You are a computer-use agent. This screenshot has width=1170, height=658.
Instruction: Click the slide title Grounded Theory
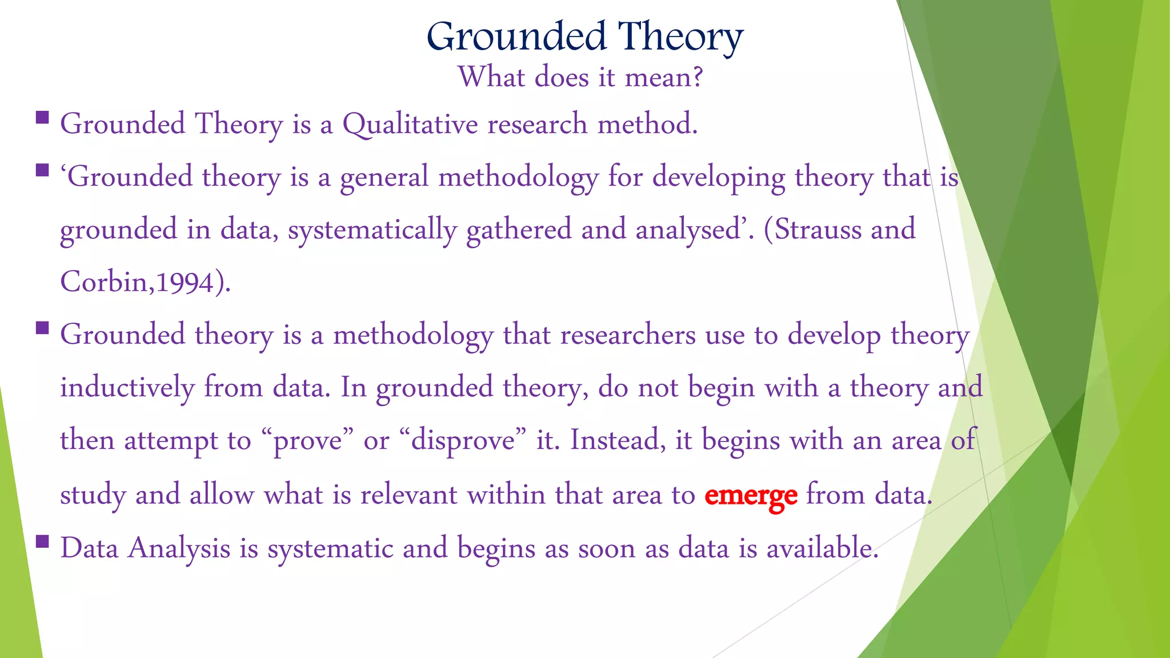coord(584,37)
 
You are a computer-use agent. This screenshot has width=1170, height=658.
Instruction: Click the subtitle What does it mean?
coord(580,77)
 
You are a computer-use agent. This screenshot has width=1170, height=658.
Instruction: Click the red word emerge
coord(750,495)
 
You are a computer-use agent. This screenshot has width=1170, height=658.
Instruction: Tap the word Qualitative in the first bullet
coord(410,125)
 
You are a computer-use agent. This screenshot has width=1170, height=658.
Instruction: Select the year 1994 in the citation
coord(185,283)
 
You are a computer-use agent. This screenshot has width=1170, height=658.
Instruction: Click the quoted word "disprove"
coord(463,441)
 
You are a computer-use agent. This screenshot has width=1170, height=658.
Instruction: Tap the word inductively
coord(127,388)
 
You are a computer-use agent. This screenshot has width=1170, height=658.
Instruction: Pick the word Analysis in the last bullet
coord(179,549)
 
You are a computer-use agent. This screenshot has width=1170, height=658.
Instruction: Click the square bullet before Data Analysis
coord(42,540)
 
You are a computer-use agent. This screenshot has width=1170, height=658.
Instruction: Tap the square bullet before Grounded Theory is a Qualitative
coord(42,118)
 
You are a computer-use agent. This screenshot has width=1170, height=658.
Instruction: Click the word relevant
coord(408,495)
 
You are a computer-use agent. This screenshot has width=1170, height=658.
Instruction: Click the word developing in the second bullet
coord(719,178)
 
